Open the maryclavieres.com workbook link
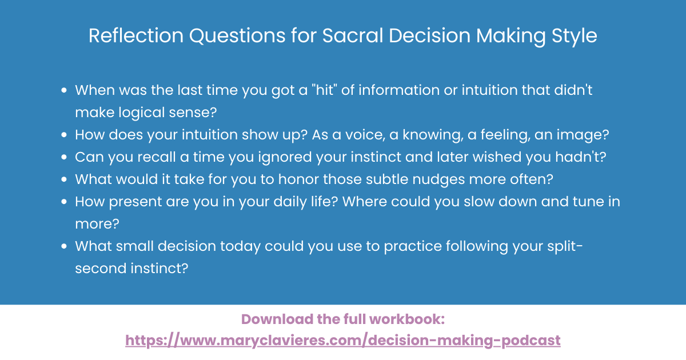coord(343,341)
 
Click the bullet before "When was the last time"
coord(65,90)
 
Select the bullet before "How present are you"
coord(65,202)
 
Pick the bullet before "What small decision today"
coord(65,246)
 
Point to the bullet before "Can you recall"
coord(65,157)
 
